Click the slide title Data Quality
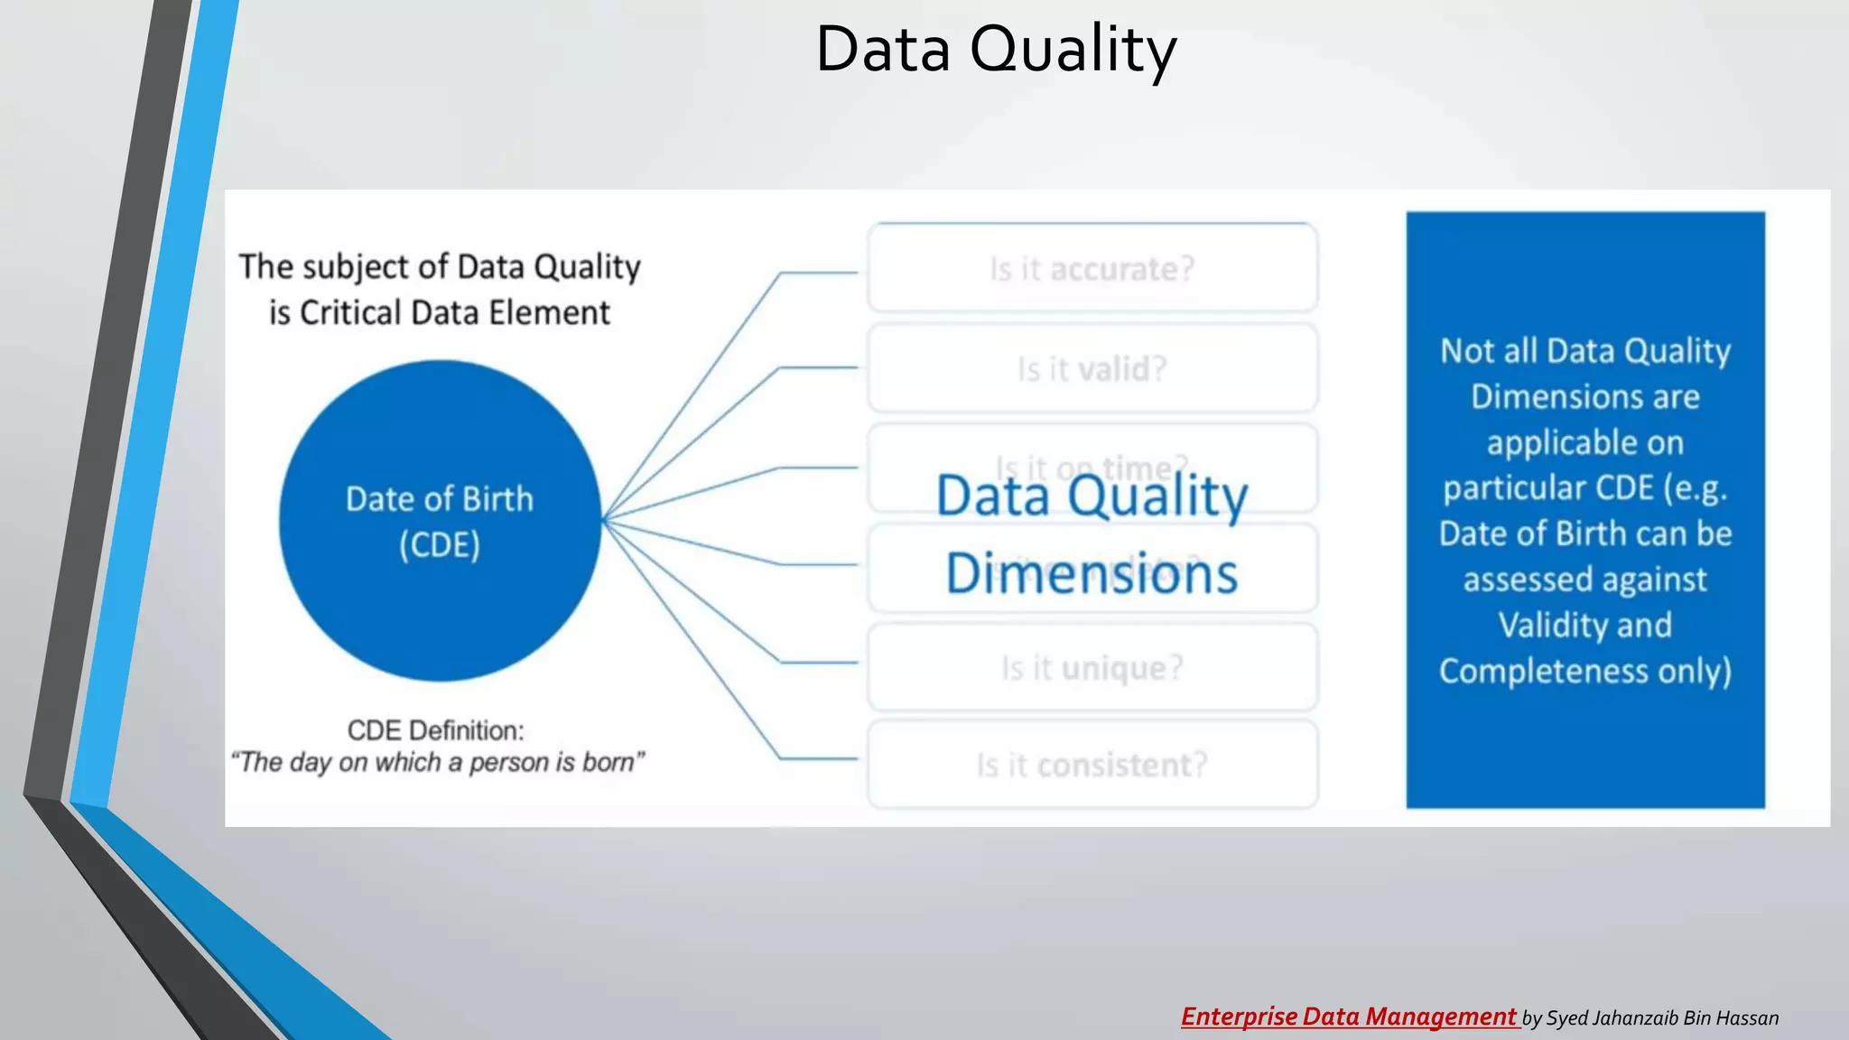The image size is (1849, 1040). click(996, 50)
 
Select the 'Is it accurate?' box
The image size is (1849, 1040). click(1092, 269)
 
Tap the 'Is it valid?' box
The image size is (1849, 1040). click(1092, 369)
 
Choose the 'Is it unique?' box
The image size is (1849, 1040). click(1092, 668)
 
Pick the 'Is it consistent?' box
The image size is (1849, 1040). click(1092, 766)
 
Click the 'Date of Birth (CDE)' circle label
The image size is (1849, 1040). click(440, 522)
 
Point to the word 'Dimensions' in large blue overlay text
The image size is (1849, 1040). click(1092, 574)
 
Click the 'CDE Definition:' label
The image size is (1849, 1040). click(435, 730)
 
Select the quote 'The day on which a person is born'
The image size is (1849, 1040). click(438, 763)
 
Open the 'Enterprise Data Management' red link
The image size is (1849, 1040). click(1349, 1017)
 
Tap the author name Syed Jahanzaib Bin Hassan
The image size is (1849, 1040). click(1662, 1018)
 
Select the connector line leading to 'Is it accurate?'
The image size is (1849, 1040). click(817, 272)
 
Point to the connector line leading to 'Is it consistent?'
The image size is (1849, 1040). click(817, 758)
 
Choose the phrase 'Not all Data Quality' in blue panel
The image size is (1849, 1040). click(1584, 351)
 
